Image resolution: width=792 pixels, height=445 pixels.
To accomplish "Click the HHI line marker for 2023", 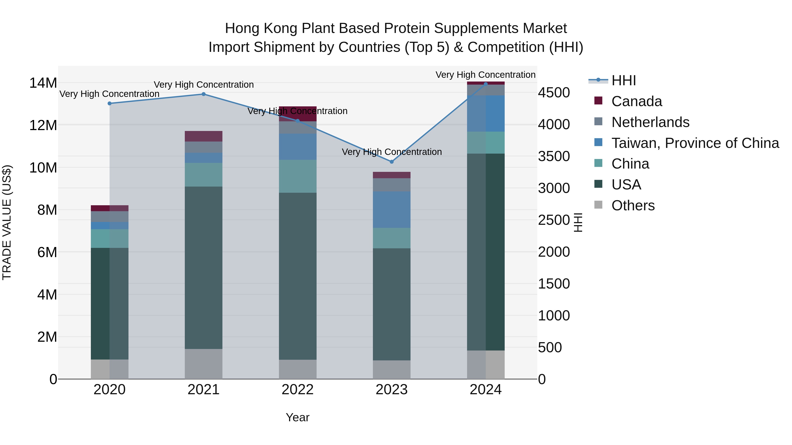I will coord(391,162).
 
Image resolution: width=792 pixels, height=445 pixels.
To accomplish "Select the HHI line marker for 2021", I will coord(203,94).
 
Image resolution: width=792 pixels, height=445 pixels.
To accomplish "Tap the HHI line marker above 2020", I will coord(110,104).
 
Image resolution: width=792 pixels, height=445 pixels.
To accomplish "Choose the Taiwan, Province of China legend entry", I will coord(695,143).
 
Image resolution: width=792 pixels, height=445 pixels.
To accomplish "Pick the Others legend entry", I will coord(633,205).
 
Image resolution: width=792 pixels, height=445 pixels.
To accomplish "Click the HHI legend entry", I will coord(623,80).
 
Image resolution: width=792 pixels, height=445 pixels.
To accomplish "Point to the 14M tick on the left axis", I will coord(43,83).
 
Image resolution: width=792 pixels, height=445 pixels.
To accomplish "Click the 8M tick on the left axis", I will coord(47,210).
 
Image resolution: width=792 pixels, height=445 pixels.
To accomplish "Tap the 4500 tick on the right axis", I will coord(554,93).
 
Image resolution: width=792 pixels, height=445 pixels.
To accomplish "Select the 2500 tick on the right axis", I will coord(554,220).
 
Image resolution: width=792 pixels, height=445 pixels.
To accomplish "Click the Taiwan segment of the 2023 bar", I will coord(391,210).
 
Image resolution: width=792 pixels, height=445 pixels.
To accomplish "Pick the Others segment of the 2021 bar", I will coord(203,364).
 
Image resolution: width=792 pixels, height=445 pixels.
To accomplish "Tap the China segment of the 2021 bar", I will coord(203,174).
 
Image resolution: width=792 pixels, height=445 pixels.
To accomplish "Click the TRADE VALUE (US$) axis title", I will coord(7,222).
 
